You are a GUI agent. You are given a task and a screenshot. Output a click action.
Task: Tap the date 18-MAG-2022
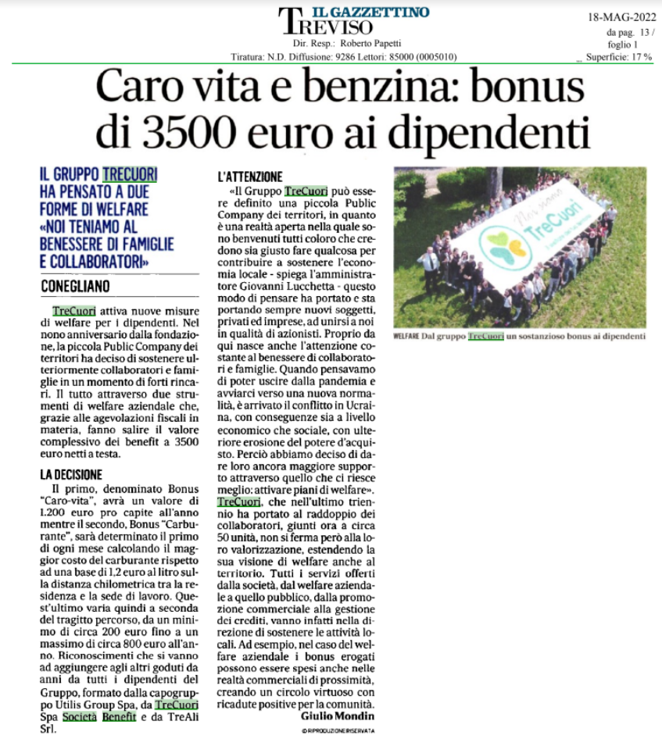(x=621, y=16)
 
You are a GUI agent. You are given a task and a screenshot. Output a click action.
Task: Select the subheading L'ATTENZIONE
(x=251, y=177)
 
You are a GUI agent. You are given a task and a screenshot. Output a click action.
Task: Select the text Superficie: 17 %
(x=619, y=57)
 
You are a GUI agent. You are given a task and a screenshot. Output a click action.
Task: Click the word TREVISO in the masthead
(x=329, y=27)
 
